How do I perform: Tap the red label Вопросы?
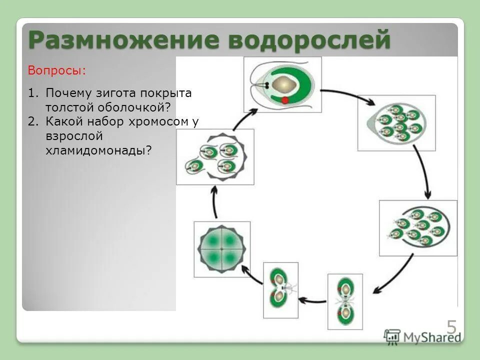56,70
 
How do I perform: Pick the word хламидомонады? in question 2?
98,149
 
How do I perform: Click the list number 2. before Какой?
33,121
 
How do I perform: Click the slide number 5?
451,327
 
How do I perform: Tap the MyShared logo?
422,336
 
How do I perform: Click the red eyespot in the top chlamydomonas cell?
285,100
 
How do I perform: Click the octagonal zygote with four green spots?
221,249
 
